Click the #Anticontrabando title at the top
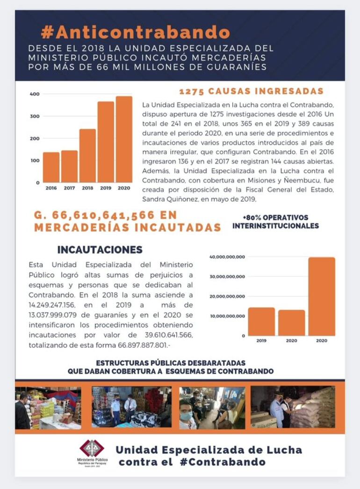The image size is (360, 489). coord(135,32)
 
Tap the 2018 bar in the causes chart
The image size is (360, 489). coord(87,155)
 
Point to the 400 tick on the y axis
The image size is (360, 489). coord(34,94)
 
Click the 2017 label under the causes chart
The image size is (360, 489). coord(69,188)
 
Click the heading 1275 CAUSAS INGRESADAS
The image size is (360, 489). coord(251,91)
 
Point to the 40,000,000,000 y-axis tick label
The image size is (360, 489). coord(227,256)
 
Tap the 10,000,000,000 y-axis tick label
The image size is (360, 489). coord(227,316)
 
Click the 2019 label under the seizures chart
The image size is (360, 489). coord(261,341)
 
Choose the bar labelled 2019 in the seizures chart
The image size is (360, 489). coord(261,321)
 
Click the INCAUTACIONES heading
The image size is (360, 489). coord(100,249)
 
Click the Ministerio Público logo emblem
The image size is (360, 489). coord(92,449)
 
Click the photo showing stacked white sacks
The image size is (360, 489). coord(293,407)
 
